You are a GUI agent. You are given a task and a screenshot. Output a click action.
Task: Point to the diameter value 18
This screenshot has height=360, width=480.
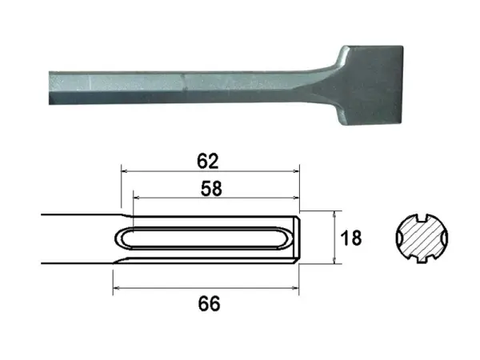pyautogui.click(x=350, y=238)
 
